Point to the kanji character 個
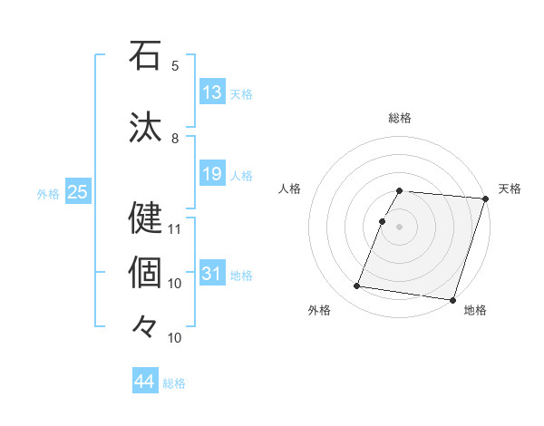pos(145,272)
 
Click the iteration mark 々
pos(145,325)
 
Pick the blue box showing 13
pos(212,92)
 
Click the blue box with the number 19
pos(212,174)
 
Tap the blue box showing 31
pos(212,274)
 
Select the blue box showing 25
pos(77,192)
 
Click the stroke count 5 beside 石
pos(175,66)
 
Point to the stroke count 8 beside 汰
pos(175,139)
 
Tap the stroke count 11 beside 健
pos(175,228)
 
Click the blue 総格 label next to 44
pos(174,383)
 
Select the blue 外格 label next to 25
pos(48,193)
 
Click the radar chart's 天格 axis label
pos(510,189)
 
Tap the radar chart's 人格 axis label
pos(290,189)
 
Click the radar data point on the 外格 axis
pos(357,286)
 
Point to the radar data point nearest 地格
pos(452,299)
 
